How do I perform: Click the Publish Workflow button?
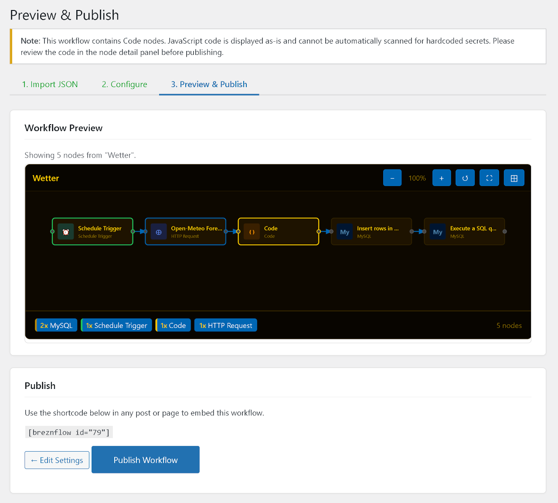tap(145, 459)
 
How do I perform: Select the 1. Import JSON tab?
tap(50, 84)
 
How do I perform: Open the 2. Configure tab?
tap(124, 84)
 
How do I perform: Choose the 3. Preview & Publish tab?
tap(209, 84)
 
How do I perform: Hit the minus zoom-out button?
tap(392, 178)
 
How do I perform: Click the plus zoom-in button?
tap(442, 178)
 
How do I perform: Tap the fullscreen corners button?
tap(489, 178)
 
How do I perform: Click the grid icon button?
tap(514, 178)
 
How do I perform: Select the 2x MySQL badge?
tap(56, 325)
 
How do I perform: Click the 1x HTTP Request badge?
tap(226, 325)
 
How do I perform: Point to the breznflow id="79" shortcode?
tap(69, 432)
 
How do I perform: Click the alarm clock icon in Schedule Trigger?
tap(66, 232)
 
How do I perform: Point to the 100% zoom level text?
tap(417, 178)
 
